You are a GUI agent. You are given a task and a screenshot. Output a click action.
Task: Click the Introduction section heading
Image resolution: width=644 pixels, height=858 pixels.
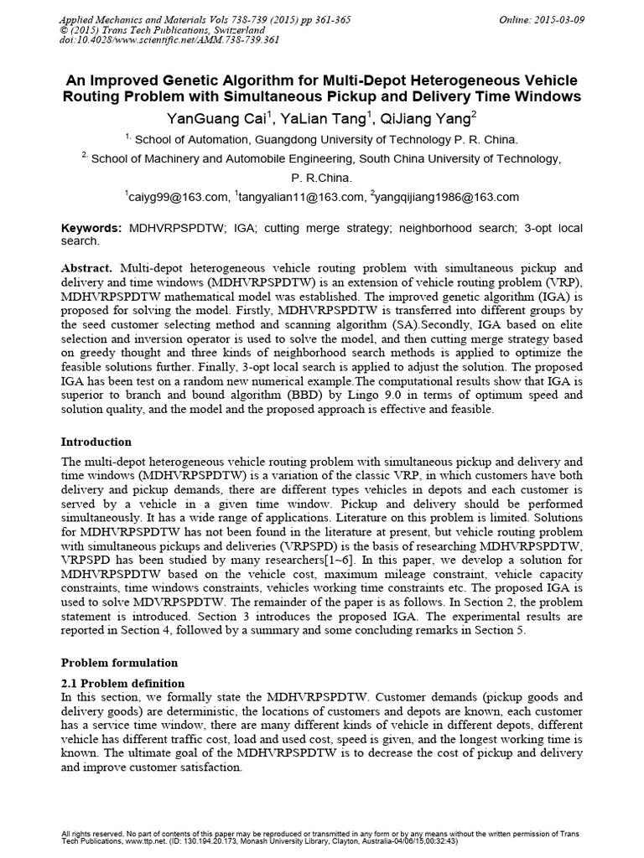click(96, 442)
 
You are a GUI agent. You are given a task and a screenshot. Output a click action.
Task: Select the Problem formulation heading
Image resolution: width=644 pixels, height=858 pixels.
click(119, 662)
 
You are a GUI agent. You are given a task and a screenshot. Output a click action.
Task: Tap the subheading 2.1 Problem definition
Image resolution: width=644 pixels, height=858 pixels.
click(123, 683)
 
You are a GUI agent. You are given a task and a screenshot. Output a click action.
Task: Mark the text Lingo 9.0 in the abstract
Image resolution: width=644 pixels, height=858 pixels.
click(307, 396)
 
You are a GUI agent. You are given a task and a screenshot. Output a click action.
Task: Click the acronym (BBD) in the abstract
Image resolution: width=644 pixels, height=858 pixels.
click(247, 396)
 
